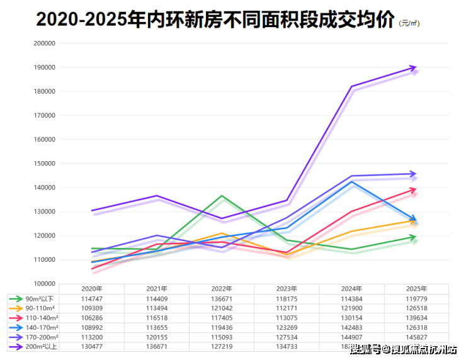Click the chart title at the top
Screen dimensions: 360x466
click(215, 20)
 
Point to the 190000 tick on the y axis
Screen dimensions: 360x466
click(44, 67)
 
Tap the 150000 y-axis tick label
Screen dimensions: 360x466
click(44, 164)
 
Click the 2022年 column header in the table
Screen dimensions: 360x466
click(222, 288)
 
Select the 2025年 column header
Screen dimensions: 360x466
click(416, 288)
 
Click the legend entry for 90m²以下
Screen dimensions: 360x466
click(35, 298)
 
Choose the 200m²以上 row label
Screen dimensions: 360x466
click(35, 346)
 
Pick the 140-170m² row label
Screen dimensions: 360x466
click(35, 327)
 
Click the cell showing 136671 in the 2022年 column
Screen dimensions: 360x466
click(222, 298)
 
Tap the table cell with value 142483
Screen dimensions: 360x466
click(351, 327)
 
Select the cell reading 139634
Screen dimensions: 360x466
click(416, 318)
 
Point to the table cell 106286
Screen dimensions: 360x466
click(92, 318)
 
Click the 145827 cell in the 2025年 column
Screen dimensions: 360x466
click(416, 337)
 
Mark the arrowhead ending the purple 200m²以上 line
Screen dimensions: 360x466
click(413, 67)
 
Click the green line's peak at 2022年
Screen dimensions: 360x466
click(222, 196)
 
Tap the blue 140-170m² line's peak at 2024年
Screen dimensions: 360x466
click(351, 182)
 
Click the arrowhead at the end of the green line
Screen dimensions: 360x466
click(413, 237)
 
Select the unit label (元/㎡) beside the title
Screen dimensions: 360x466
click(409, 24)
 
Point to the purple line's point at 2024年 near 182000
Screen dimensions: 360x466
click(351, 86)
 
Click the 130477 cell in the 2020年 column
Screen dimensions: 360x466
click(92, 346)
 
